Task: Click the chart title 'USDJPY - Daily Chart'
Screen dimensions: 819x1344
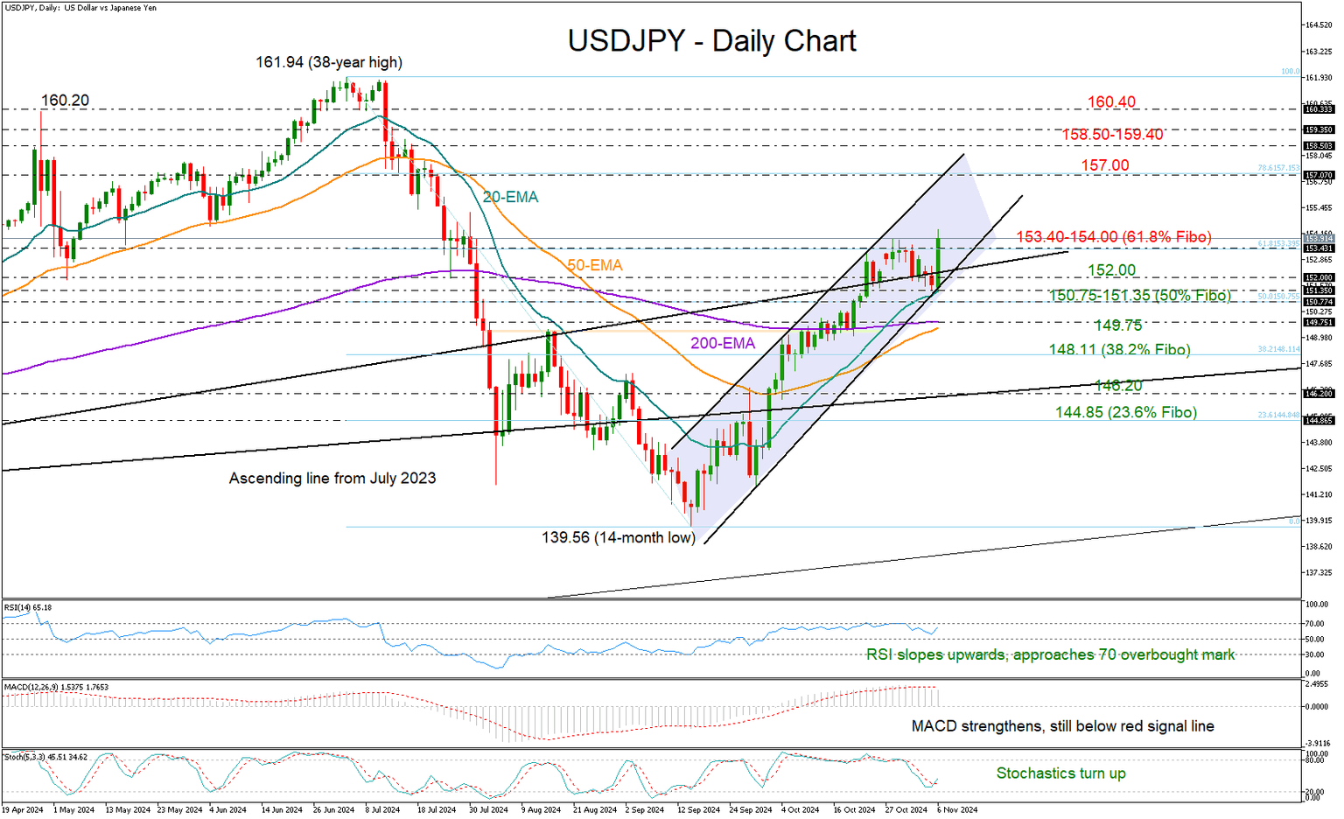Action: (x=711, y=41)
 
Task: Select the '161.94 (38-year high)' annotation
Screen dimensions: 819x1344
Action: (x=328, y=62)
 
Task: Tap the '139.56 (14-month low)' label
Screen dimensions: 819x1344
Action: (x=618, y=537)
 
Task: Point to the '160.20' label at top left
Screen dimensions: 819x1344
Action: (x=65, y=101)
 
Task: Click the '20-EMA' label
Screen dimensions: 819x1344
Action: (x=510, y=198)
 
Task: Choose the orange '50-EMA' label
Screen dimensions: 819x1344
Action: (x=594, y=265)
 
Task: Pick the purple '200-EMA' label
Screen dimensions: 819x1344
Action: (x=722, y=344)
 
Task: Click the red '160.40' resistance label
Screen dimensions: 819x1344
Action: (x=1111, y=102)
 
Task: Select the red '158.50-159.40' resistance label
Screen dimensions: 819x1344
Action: (x=1112, y=135)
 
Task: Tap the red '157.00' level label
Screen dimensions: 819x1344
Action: (x=1105, y=165)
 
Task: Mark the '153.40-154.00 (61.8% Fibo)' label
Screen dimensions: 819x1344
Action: (x=1113, y=237)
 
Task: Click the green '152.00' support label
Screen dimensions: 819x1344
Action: (x=1111, y=271)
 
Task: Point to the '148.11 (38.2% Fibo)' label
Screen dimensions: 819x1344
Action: (x=1119, y=350)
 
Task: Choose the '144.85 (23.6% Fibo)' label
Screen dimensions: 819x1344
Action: (x=1125, y=412)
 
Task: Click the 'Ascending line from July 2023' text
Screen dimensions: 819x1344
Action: (x=332, y=479)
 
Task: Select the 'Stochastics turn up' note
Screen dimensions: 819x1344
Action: (x=1060, y=773)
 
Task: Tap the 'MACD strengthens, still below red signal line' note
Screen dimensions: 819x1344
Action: (x=1062, y=726)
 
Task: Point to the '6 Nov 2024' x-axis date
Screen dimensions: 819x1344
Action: (x=956, y=810)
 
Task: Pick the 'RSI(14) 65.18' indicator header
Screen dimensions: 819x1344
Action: (x=28, y=607)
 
